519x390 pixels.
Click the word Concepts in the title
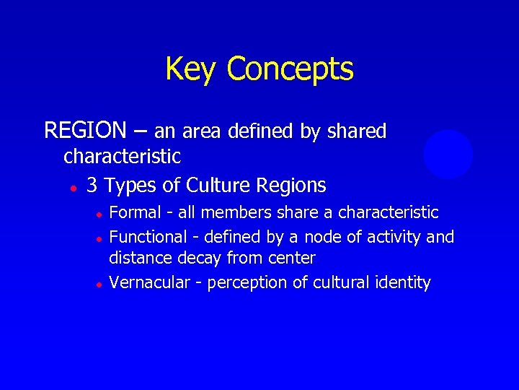pyautogui.click(x=290, y=69)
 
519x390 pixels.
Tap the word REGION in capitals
pyautogui.click(x=85, y=131)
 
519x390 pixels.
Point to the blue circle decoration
pyautogui.click(x=448, y=154)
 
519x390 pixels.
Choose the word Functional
pyautogui.click(x=147, y=236)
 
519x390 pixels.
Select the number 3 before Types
pyautogui.click(x=92, y=186)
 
